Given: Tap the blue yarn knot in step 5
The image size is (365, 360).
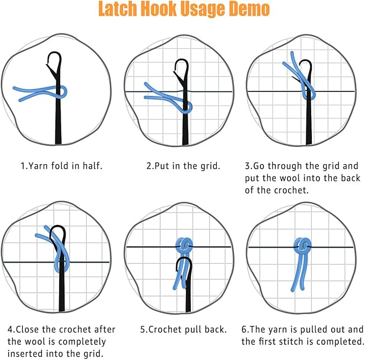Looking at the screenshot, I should pos(185,245).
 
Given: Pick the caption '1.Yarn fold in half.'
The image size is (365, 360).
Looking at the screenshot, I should pos(61,166).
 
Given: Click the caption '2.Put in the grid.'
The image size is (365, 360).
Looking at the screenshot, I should pos(183,166).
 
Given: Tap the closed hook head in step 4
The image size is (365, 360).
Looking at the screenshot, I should pos(58,234).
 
